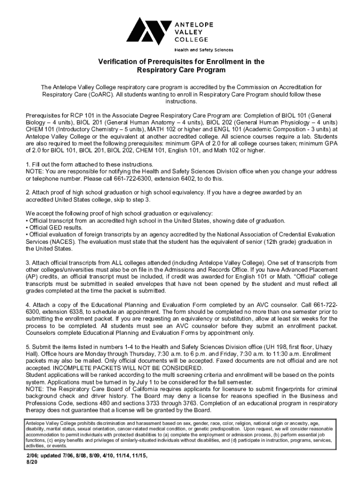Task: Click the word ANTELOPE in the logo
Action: (x=194, y=24)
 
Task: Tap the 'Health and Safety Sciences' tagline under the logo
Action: (x=204, y=50)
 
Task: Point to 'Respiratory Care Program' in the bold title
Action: (x=181, y=70)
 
